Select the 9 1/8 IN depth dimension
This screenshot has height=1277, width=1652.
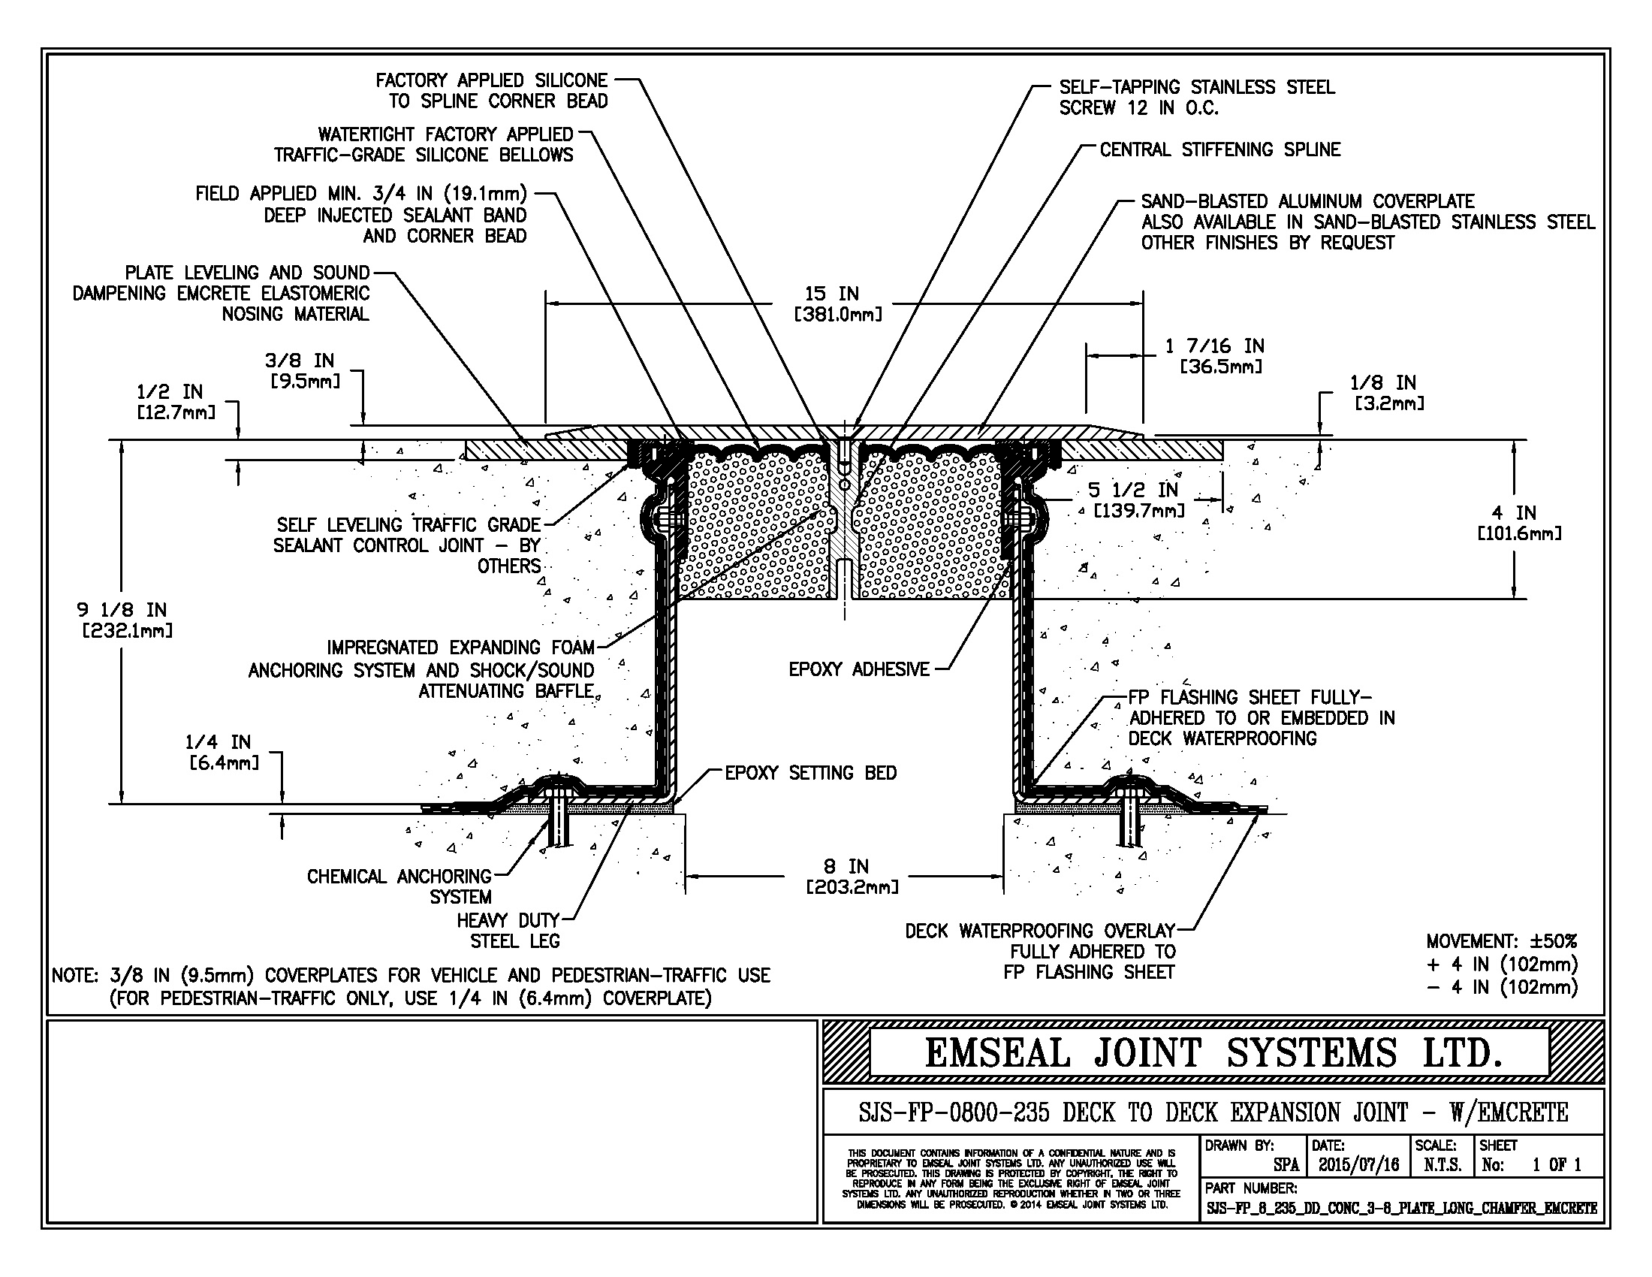tap(125, 620)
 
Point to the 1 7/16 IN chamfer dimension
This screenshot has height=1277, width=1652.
tap(1219, 355)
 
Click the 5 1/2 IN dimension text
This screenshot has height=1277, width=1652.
tap(1138, 500)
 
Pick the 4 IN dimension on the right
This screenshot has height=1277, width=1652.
tap(1519, 523)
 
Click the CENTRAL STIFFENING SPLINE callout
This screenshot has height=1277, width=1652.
tap(1219, 149)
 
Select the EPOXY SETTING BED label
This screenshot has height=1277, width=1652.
tap(810, 773)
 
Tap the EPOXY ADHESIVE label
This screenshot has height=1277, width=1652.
tap(858, 669)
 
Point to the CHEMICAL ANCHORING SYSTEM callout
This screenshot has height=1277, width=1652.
tap(399, 886)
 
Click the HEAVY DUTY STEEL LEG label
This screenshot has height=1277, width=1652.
tap(508, 931)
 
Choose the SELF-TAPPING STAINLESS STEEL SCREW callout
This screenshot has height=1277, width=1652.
tap(1197, 98)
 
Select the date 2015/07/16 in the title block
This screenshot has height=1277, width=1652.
tap(1358, 1165)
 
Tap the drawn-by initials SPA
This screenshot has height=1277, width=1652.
tap(1286, 1165)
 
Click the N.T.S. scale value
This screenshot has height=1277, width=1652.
tap(1442, 1165)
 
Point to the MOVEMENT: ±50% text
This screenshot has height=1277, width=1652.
tap(1502, 942)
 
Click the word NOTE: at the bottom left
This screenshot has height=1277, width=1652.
tap(75, 976)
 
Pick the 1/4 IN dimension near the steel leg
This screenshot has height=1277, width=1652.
tap(223, 752)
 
